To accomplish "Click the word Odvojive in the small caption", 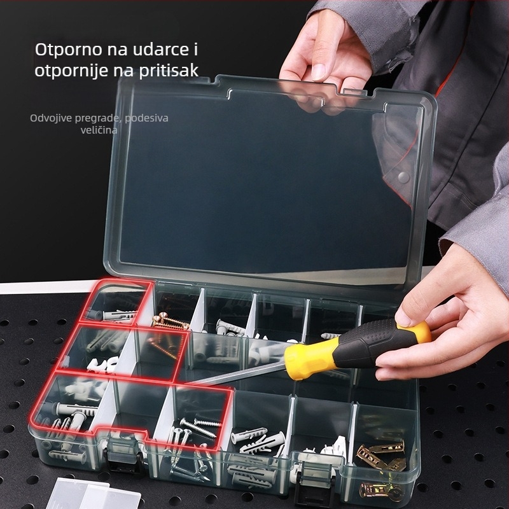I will click(51, 118).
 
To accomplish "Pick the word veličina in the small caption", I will click(99, 130).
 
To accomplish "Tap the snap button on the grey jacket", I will click(401, 173).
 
